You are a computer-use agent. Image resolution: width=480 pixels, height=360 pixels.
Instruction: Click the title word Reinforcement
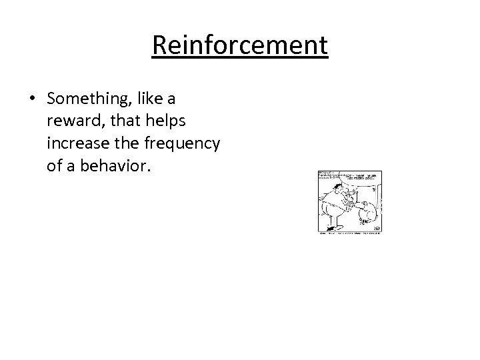point(240,46)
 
